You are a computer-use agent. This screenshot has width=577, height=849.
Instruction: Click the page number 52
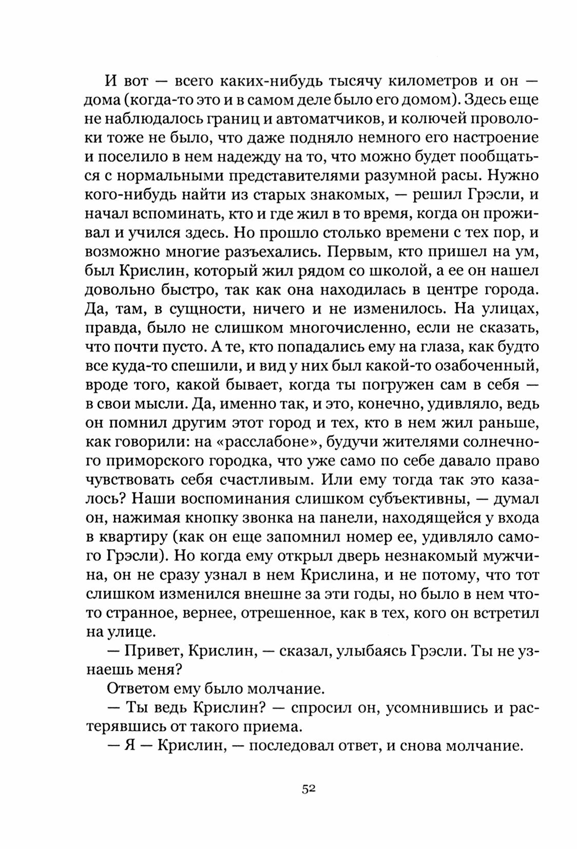[x=308, y=789]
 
